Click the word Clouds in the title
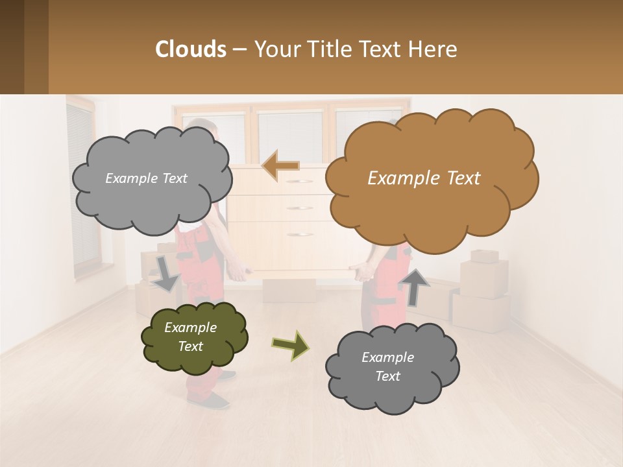click(191, 49)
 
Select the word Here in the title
click(432, 49)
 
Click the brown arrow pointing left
click(280, 166)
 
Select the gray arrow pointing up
click(413, 285)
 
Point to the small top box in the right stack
click(483, 256)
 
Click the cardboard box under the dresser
click(288, 291)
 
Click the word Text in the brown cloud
click(458, 178)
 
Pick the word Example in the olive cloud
click(190, 328)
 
